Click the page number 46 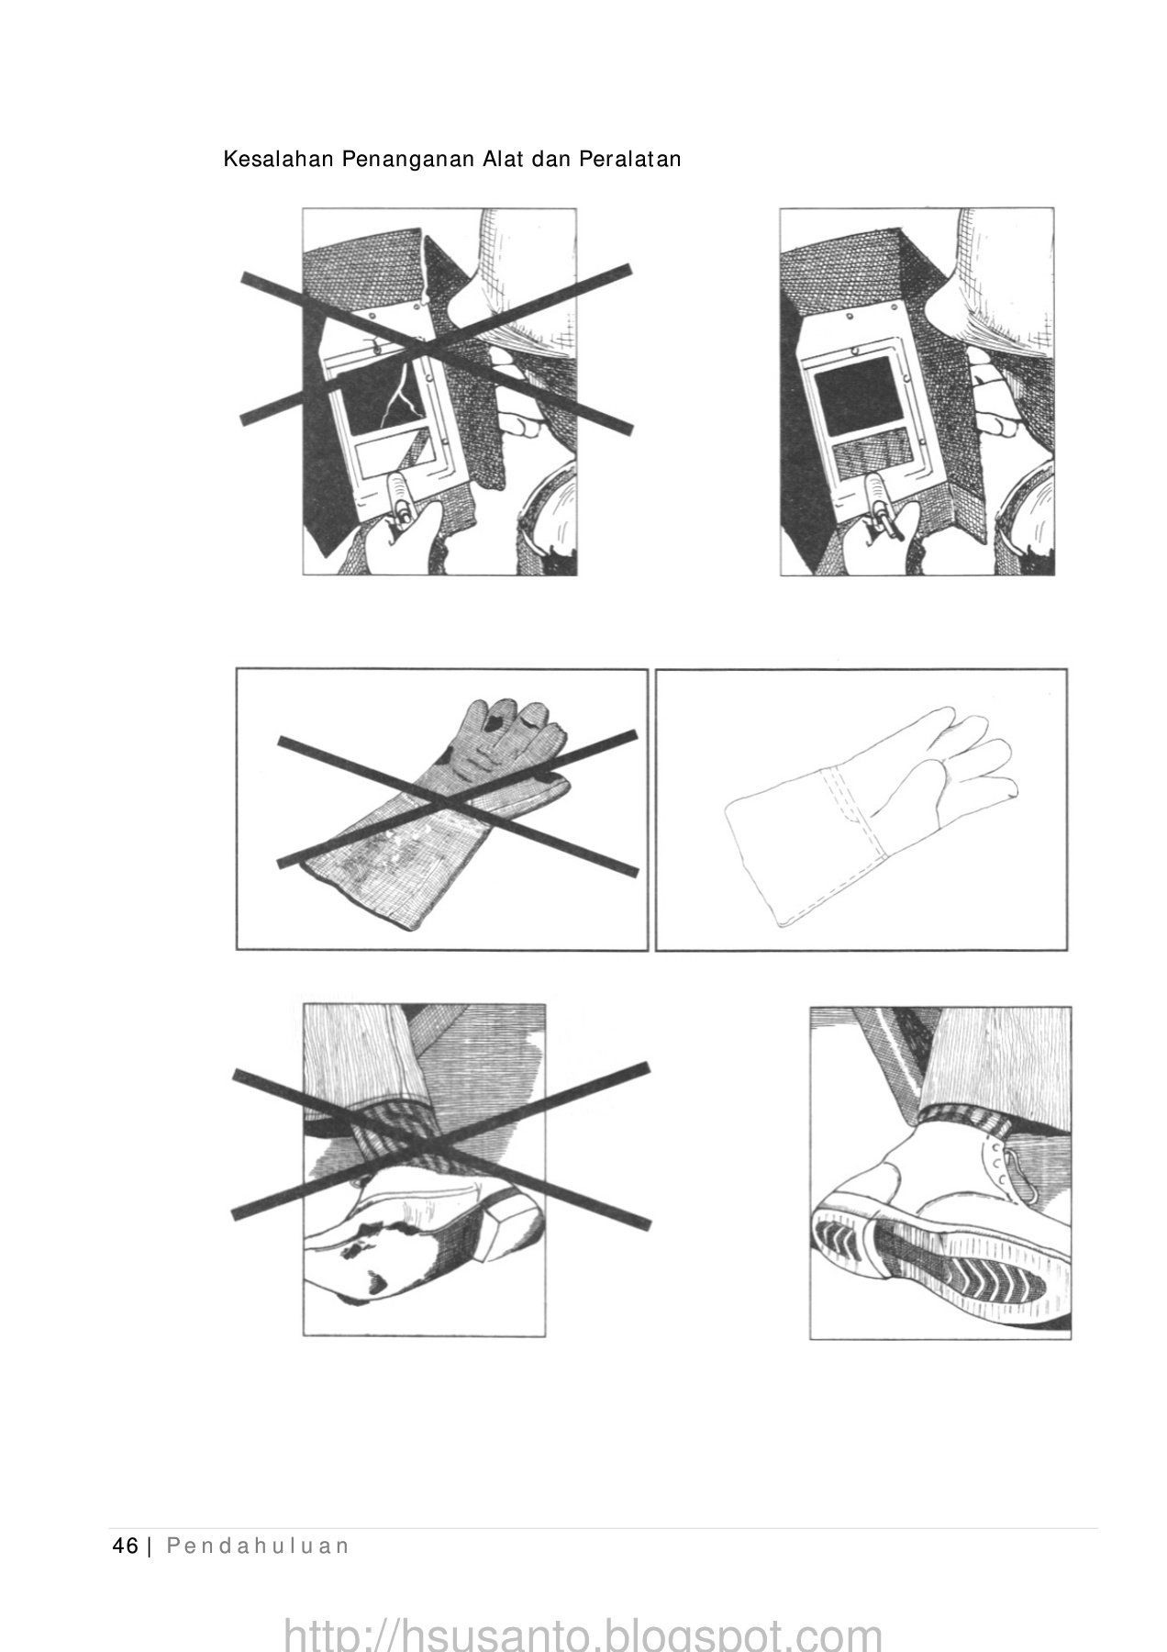click(124, 1546)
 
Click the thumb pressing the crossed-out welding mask click(399, 500)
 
